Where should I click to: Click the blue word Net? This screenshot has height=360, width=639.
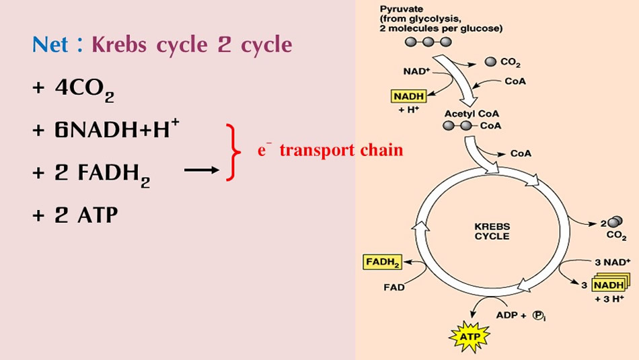[x=50, y=45]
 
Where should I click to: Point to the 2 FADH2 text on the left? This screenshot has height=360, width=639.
[x=91, y=174]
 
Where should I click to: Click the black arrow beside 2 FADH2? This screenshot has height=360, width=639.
[x=202, y=171]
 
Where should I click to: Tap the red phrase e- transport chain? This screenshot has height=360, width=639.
[x=330, y=149]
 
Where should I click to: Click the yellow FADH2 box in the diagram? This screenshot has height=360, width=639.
[x=383, y=262]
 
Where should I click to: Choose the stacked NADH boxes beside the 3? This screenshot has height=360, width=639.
[x=608, y=285]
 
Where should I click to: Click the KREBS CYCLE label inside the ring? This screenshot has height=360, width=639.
[x=492, y=231]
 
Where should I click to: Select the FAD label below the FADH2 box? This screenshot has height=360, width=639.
[x=394, y=287]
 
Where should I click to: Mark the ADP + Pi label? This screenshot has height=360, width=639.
[x=519, y=314]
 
